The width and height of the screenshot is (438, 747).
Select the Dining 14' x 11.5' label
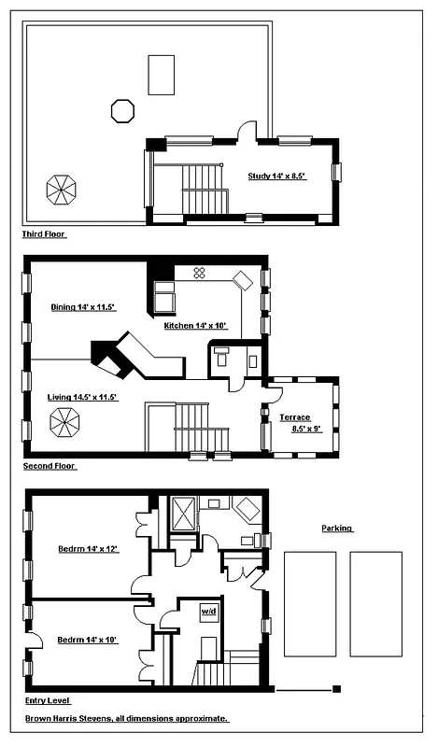click(82, 306)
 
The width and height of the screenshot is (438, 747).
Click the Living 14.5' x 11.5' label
click(81, 398)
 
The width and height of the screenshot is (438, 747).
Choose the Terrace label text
click(294, 417)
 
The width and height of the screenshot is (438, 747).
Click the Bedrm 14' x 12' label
click(89, 548)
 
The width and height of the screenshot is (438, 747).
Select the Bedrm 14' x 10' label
click(87, 640)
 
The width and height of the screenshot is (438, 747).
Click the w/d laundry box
click(209, 612)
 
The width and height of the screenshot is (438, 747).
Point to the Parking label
click(337, 528)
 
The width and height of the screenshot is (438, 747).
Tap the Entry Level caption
click(47, 700)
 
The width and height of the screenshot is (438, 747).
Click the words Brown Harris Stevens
click(73, 720)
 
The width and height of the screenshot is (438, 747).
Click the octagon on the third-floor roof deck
click(122, 110)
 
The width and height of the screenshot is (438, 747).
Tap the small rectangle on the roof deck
click(161, 75)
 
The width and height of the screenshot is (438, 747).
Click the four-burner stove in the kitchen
click(199, 272)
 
